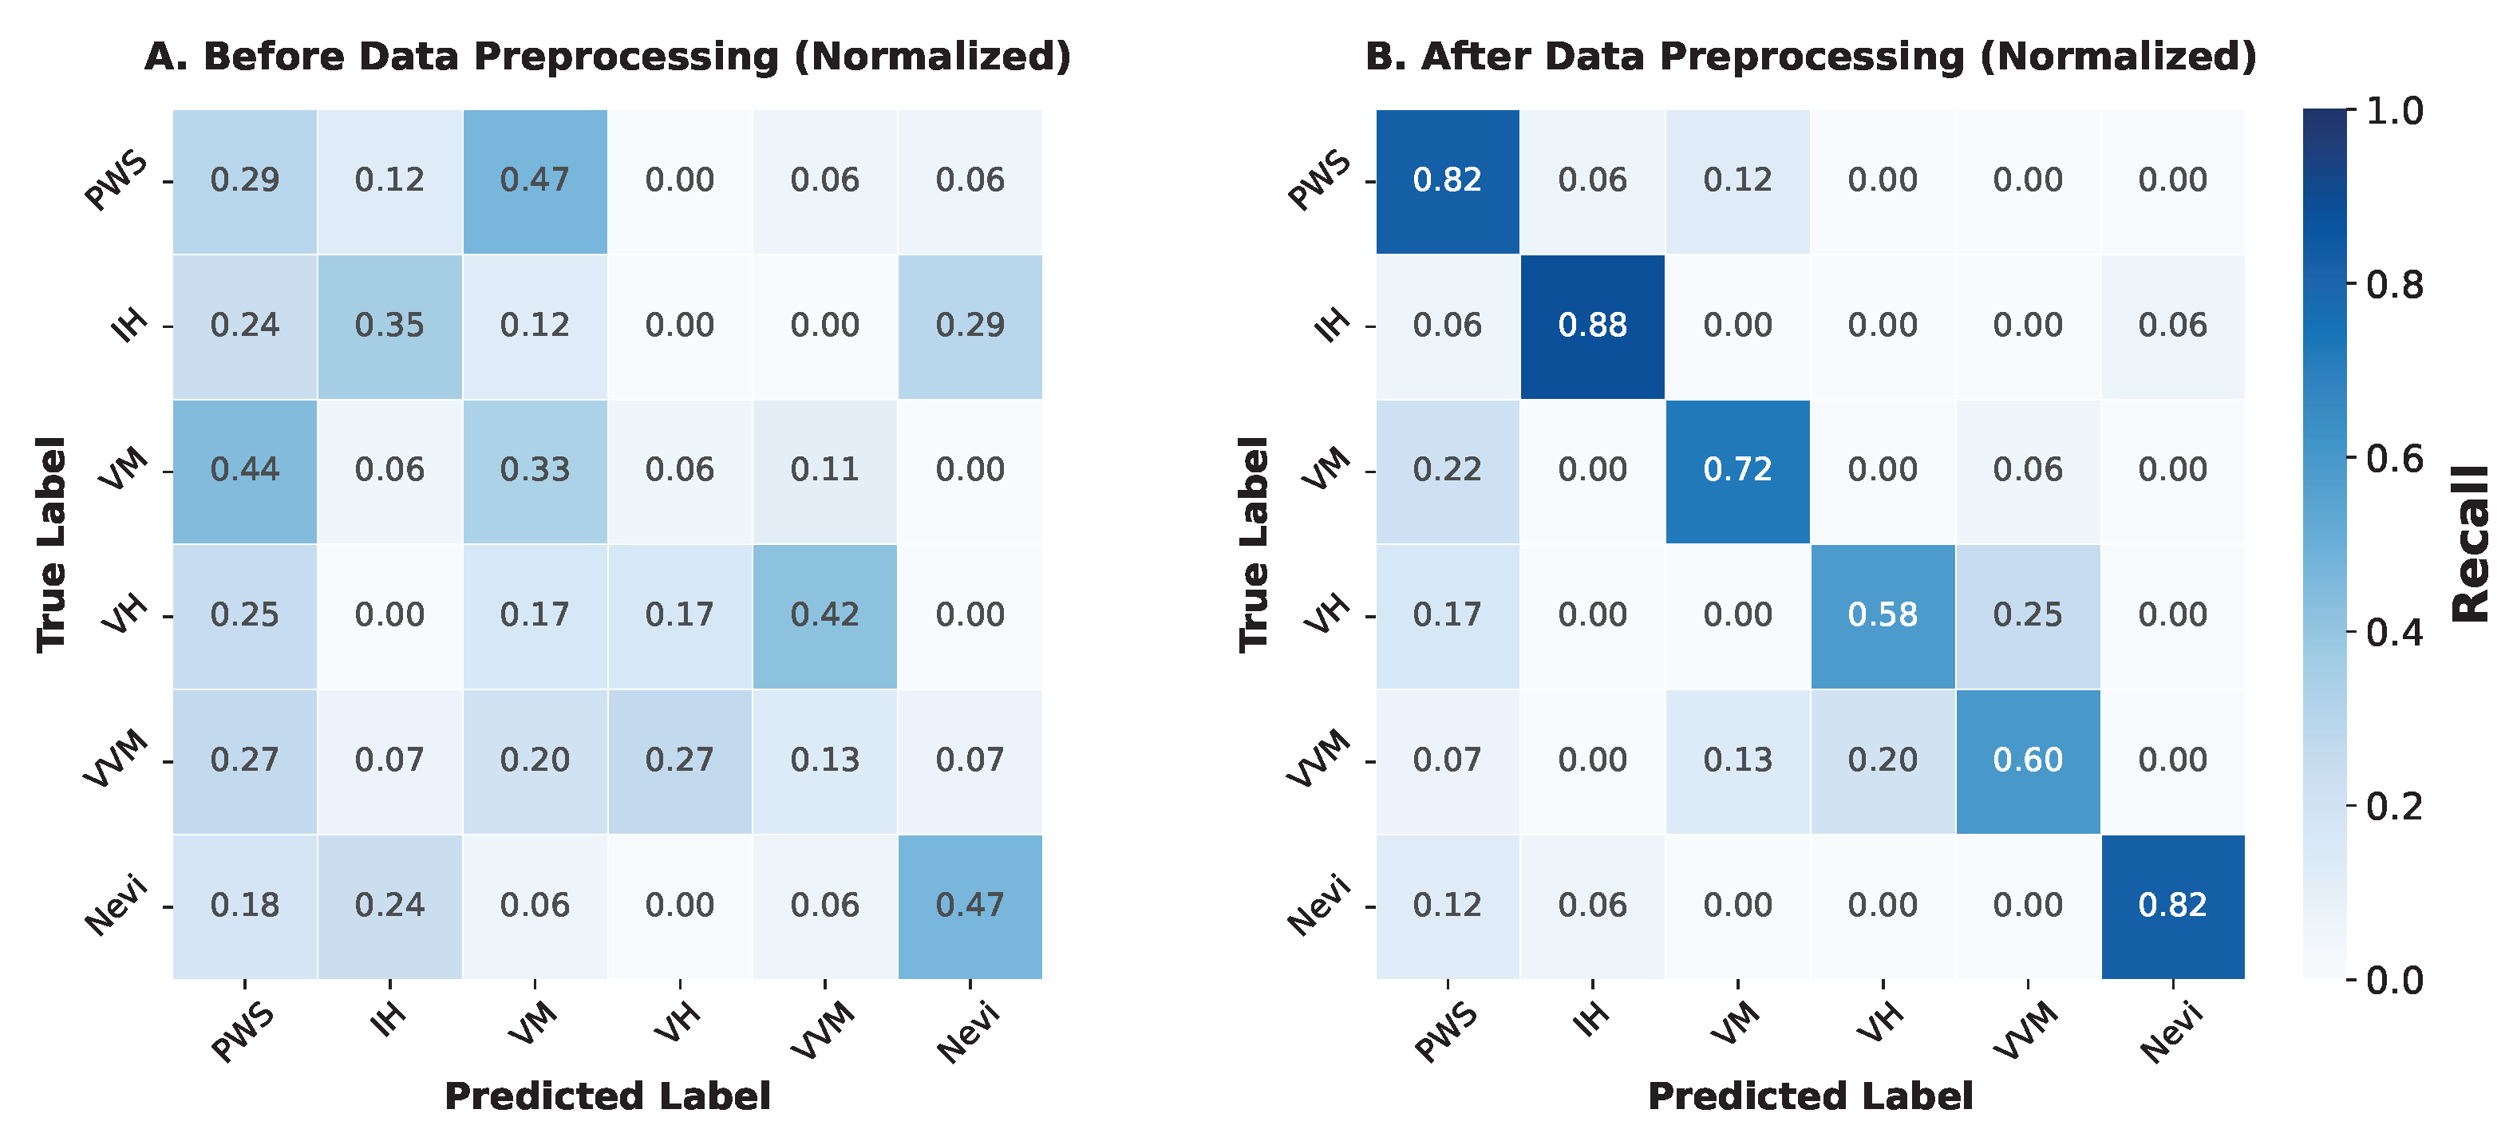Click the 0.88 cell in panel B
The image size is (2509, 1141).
coord(1593,326)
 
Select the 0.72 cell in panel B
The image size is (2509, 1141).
coord(1737,470)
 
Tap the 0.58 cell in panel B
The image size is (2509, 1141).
coord(1883,615)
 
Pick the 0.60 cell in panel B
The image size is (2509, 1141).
coord(2028,760)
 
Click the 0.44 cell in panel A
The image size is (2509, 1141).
coord(244,470)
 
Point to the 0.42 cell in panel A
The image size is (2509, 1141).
coord(825,615)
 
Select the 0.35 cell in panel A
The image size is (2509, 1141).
coord(389,326)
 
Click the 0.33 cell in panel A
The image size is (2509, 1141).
coord(535,470)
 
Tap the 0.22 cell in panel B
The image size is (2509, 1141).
coord(1448,470)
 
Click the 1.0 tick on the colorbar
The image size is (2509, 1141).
coord(2394,111)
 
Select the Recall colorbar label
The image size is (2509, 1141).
coord(2470,545)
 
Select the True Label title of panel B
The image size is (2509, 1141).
coord(1254,544)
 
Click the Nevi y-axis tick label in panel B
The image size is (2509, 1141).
coord(1319,906)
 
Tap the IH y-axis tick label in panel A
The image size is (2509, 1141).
coord(128,326)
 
